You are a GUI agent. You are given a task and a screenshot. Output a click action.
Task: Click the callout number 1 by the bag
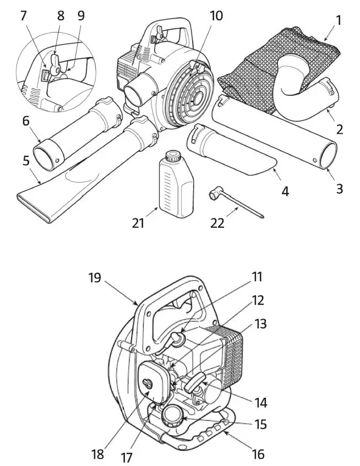click(339, 21)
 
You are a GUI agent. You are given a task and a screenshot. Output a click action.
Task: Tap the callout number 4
click(285, 191)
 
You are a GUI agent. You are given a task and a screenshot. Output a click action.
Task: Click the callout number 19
click(95, 277)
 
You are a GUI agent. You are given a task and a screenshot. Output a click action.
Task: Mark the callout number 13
click(260, 324)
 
